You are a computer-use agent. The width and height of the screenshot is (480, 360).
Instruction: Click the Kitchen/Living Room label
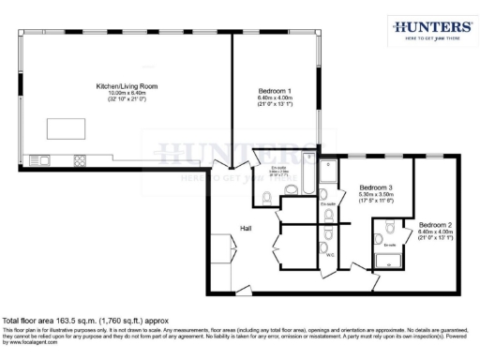[127, 86]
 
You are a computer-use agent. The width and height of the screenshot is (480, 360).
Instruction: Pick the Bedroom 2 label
[435, 225]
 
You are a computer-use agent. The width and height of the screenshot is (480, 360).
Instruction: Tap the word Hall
[246, 228]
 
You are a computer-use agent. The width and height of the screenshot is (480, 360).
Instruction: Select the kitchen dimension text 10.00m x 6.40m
[127, 93]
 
